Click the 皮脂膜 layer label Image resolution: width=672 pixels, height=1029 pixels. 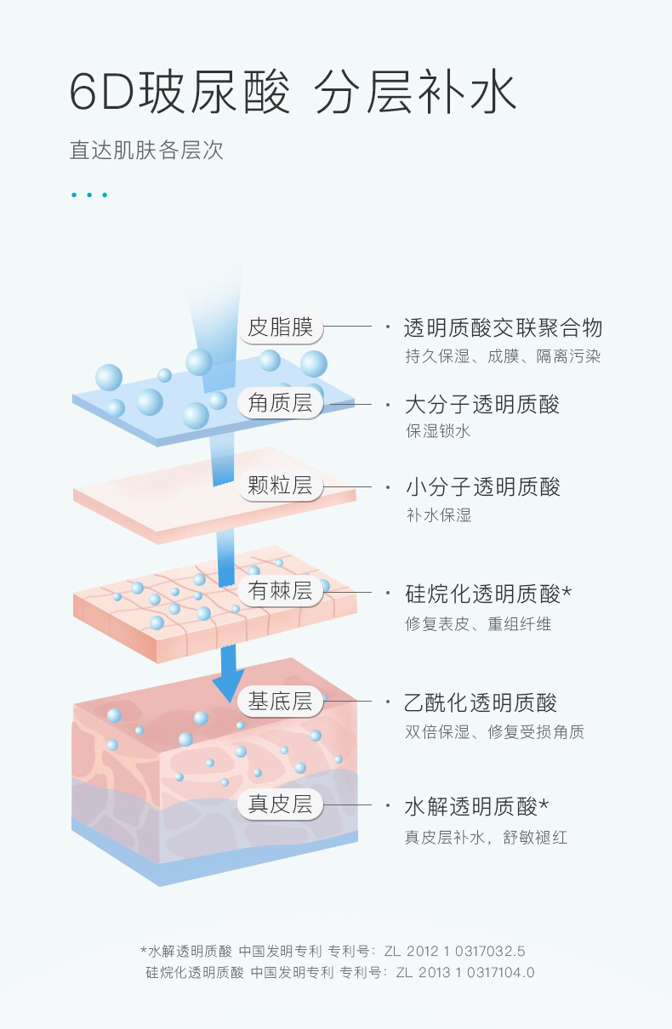click(x=280, y=327)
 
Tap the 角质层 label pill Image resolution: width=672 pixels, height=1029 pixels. click(x=280, y=403)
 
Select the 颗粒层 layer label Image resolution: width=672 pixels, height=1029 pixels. click(x=280, y=486)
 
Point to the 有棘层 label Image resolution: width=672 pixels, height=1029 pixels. click(x=280, y=591)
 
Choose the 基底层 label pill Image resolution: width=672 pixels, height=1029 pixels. click(x=280, y=702)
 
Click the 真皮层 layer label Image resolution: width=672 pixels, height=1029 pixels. click(x=280, y=804)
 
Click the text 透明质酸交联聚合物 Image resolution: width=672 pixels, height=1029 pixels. click(x=503, y=328)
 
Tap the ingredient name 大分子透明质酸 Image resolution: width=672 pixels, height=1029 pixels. click(x=481, y=404)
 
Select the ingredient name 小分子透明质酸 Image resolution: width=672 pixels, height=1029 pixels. click(x=481, y=487)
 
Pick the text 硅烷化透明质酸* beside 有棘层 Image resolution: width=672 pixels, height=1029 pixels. click(x=487, y=593)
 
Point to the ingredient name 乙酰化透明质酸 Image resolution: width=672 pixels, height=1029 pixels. click(x=481, y=703)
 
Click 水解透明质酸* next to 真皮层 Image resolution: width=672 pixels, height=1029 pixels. click(x=476, y=805)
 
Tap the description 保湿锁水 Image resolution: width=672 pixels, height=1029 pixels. click(x=438, y=431)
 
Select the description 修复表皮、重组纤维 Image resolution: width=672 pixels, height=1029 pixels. click(x=478, y=624)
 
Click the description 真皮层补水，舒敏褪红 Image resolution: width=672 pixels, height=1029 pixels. click(x=486, y=838)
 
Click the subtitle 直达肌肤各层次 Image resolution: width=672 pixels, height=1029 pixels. click(x=146, y=151)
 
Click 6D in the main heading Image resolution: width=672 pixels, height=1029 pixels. click(x=101, y=94)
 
